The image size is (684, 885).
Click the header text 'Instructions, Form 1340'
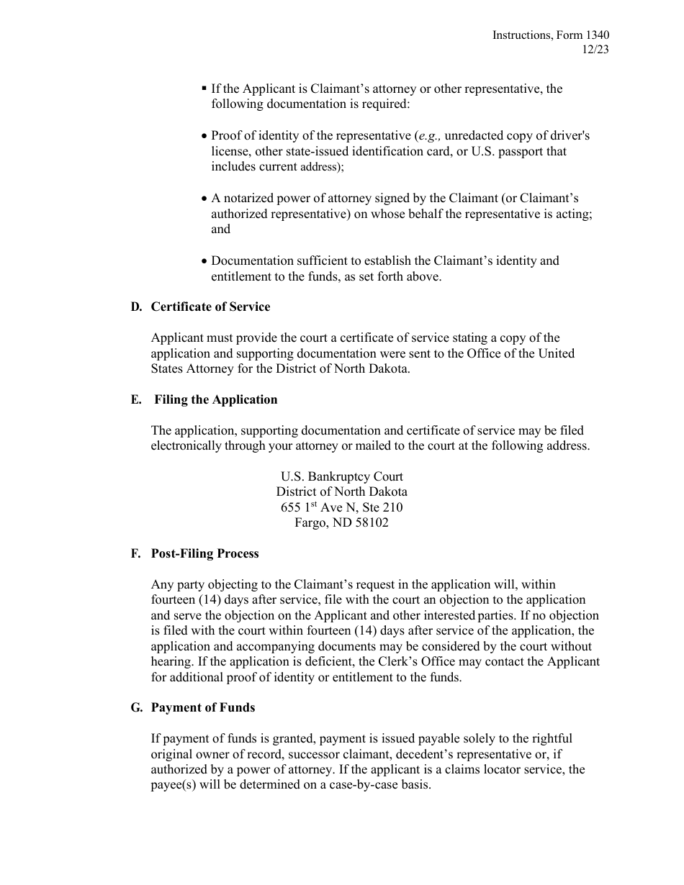[x=551, y=35]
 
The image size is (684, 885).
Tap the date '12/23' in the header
[x=596, y=50]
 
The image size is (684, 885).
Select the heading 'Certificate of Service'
[x=210, y=307]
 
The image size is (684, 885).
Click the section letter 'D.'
[x=137, y=307]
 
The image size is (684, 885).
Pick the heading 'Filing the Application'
[x=215, y=399]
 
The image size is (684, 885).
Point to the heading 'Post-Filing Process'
[x=204, y=553]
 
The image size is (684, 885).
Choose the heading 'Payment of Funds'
[x=202, y=707]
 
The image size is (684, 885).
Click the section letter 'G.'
[x=137, y=707]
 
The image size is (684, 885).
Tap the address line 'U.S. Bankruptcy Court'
[x=341, y=476]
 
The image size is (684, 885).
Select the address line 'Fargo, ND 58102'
[x=341, y=522]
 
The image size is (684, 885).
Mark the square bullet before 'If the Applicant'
[x=204, y=88]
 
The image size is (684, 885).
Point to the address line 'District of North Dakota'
[x=341, y=491]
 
